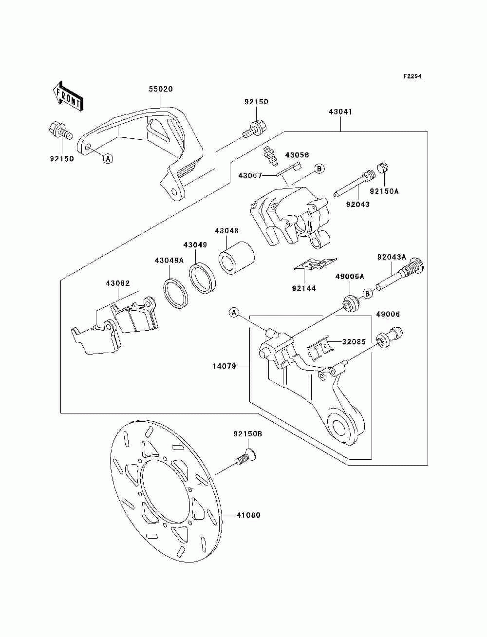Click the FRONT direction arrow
[x=68, y=96]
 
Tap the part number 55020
[x=161, y=89]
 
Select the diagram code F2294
[x=412, y=76]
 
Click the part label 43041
[x=340, y=112]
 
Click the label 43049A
[x=169, y=261]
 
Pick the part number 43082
[x=117, y=283]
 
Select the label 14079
[x=225, y=366]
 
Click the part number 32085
[x=354, y=341]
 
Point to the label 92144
[x=304, y=288]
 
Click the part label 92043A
[x=392, y=257]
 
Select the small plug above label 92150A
[x=384, y=168]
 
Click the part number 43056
[x=297, y=155]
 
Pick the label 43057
[x=250, y=176]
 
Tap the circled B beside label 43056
[x=319, y=169]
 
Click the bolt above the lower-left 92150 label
[x=60, y=132]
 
